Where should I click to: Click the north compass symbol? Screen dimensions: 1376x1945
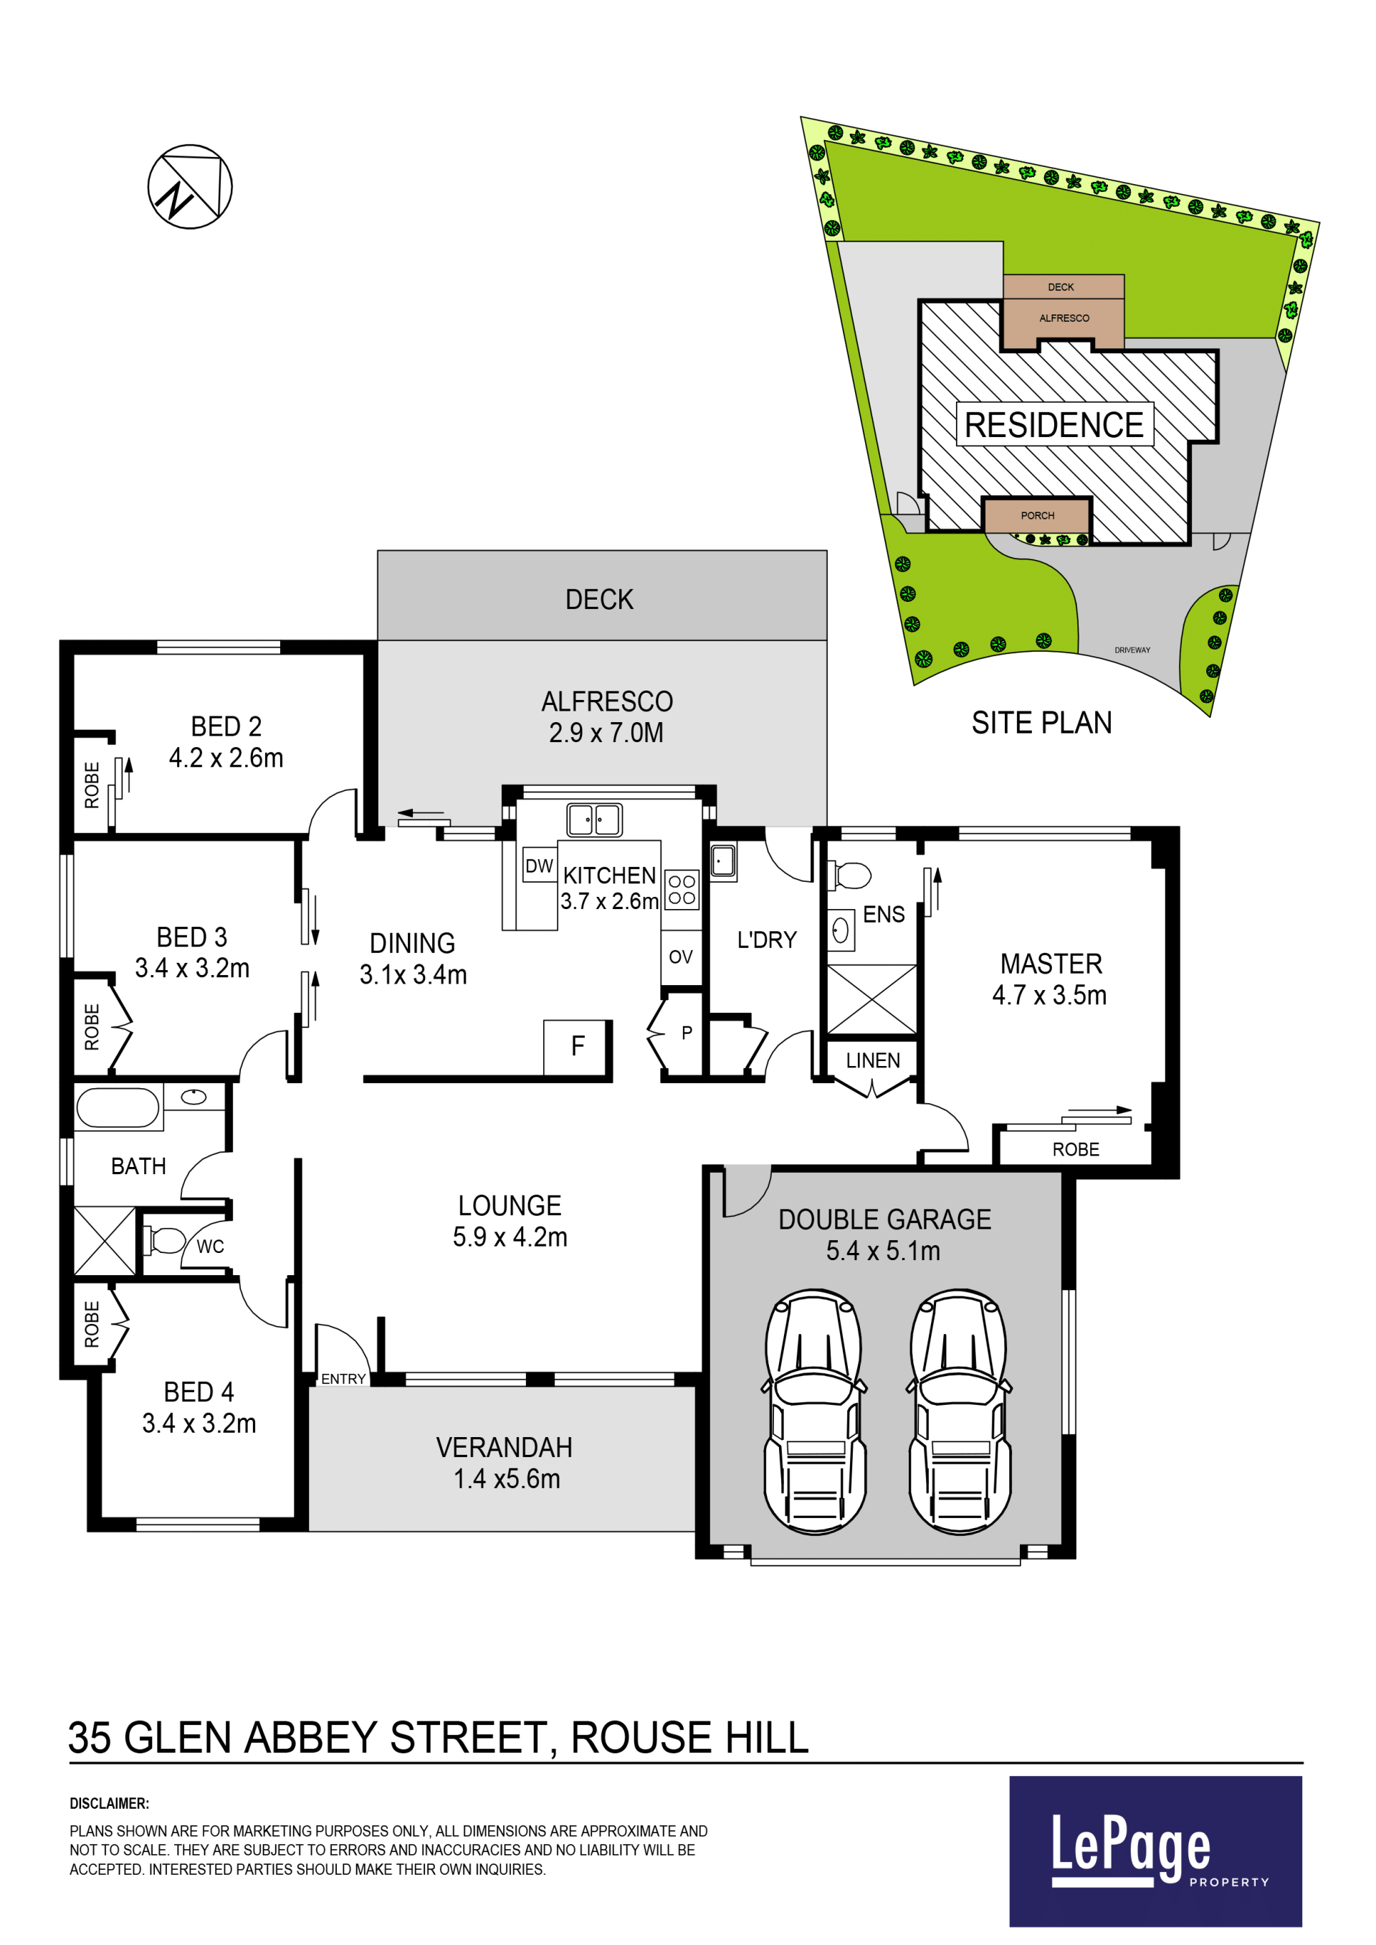coord(190,186)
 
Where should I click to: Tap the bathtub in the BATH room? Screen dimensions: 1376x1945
coord(118,1108)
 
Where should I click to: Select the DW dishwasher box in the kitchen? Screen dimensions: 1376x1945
coord(540,865)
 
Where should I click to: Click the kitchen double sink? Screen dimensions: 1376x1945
coord(594,820)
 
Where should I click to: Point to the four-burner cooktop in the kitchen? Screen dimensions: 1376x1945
coord(682,890)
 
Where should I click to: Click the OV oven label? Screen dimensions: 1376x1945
coord(680,957)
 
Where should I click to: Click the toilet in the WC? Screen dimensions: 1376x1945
coord(163,1241)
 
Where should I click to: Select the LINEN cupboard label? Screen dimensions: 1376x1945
coord(873,1060)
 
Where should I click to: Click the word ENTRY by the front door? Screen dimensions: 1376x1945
coord(343,1379)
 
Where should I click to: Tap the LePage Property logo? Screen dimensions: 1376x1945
coord(1156,1852)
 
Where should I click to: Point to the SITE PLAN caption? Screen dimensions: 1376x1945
coord(1041,723)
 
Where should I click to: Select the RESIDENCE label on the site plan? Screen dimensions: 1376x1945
coord(1054,424)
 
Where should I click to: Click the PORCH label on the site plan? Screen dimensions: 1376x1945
coord(1037,515)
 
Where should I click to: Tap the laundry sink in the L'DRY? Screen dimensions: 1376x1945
coord(722,862)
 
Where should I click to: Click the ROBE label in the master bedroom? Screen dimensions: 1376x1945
coord(1075,1150)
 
